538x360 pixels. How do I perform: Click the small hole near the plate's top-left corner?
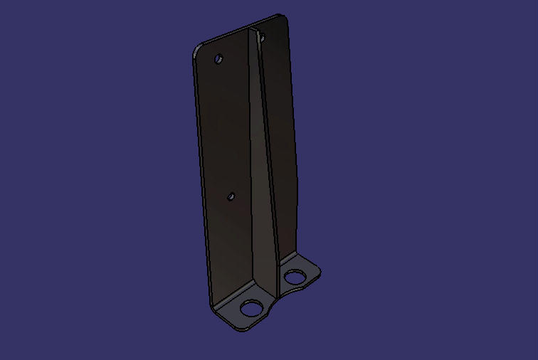pyautogui.click(x=219, y=59)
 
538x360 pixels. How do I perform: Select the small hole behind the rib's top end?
pyautogui.click(x=261, y=36)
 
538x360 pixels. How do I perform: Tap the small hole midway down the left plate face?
pyautogui.click(x=231, y=195)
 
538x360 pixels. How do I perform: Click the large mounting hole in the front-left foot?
pyautogui.click(x=251, y=308)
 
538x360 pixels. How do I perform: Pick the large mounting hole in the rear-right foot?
pyautogui.click(x=293, y=276)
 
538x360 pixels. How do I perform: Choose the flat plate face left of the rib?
pyautogui.click(x=224, y=142)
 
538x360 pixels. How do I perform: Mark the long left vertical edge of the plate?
pyautogui.click(x=201, y=178)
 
